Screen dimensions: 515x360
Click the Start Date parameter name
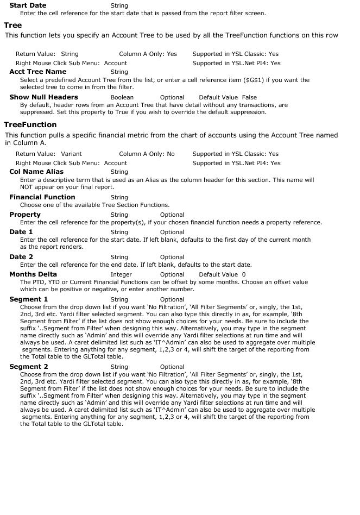click(28, 5)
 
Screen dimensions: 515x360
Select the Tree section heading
click(13, 25)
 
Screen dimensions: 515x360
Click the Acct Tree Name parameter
click(38, 72)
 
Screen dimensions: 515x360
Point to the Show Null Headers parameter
click(44, 97)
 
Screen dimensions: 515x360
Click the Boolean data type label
click(122, 98)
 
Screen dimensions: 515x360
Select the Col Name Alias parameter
click(36, 172)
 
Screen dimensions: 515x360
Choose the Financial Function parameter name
click(42, 197)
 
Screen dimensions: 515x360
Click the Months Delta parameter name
click(33, 274)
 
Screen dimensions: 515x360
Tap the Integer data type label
click(121, 275)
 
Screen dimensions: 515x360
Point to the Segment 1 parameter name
click(29, 299)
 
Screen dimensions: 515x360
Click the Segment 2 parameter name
click(29, 367)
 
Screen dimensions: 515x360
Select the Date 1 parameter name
click(21, 232)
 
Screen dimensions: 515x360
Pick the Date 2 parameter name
click(21, 257)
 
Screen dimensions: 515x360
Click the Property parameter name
click(25, 215)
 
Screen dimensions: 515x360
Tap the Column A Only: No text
click(147, 154)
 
